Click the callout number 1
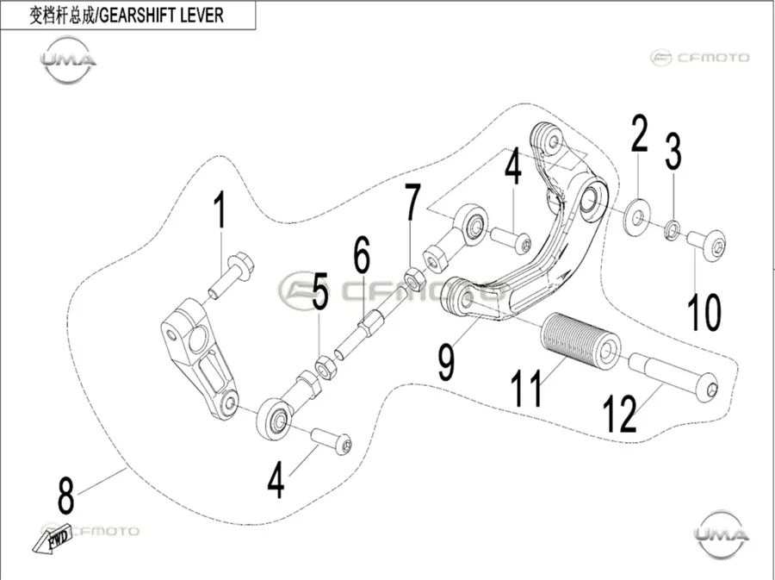220,209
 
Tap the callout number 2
639,133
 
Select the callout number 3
673,151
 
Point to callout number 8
65,496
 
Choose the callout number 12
620,415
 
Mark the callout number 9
446,363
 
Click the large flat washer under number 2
637,216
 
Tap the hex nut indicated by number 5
326,367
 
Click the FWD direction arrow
53,539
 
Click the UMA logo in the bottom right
722,534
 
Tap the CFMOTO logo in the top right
699,58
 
